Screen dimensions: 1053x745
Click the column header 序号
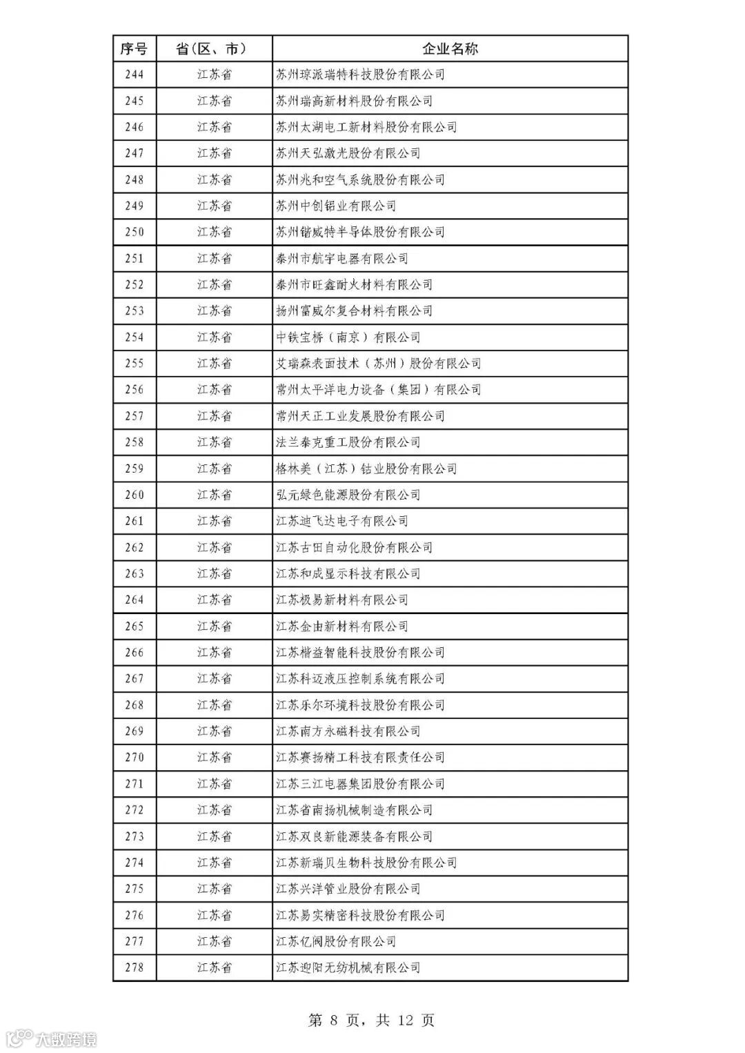point(134,48)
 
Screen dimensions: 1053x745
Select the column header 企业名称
point(450,48)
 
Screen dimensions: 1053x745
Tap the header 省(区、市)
point(214,48)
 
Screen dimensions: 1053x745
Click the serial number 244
point(134,75)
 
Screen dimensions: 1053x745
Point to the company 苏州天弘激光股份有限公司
point(348,153)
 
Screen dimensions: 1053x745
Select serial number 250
point(134,232)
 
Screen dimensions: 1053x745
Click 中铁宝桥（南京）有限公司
point(348,337)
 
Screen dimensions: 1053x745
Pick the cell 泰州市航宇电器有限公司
point(341,259)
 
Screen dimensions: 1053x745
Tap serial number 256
point(134,390)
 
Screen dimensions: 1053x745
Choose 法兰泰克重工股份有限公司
point(348,442)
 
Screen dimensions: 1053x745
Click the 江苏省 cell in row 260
point(214,495)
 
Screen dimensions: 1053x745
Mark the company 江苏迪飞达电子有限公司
point(341,521)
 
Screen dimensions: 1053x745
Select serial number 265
point(134,627)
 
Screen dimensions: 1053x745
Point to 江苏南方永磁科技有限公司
point(348,731)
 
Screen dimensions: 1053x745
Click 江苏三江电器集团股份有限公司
point(360,784)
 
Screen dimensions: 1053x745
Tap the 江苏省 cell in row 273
point(214,836)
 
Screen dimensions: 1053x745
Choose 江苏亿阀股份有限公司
point(336,941)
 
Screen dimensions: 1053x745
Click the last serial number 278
point(134,967)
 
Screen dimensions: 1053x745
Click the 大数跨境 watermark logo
point(52,1038)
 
